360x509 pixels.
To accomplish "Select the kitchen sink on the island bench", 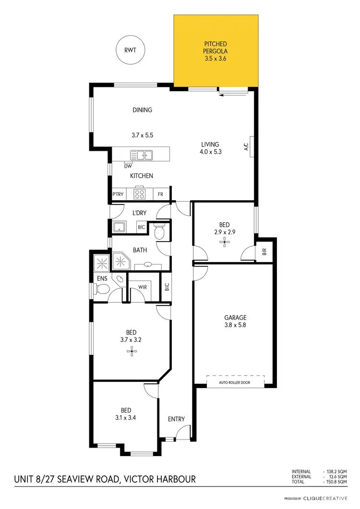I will (x=142, y=155).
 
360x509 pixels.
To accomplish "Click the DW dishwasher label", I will (x=128, y=166).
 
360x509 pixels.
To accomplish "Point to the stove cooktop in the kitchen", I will (x=140, y=194).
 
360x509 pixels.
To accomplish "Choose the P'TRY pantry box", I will (x=118, y=194).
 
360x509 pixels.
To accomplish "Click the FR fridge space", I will (x=161, y=194).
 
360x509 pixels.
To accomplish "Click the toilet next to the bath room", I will (x=160, y=233).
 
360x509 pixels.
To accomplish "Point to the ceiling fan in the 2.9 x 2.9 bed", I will (x=224, y=243).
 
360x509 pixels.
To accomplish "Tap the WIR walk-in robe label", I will (x=143, y=287).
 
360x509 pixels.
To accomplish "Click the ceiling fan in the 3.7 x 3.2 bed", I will (x=132, y=351).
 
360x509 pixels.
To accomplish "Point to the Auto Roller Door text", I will (x=235, y=382).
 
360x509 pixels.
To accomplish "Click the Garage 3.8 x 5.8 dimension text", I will (x=235, y=325).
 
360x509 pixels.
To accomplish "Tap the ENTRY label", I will (x=176, y=419).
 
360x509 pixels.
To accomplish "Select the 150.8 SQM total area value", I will (x=336, y=482).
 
